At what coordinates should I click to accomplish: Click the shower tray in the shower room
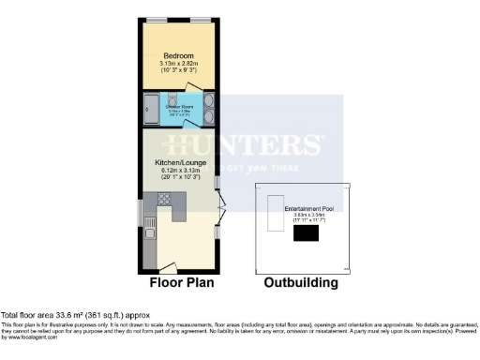[x=152, y=109]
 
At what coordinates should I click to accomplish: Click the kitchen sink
[x=150, y=247]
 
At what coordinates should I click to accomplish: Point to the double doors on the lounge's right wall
[x=220, y=210]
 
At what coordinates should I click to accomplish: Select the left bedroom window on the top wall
[x=157, y=20]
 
